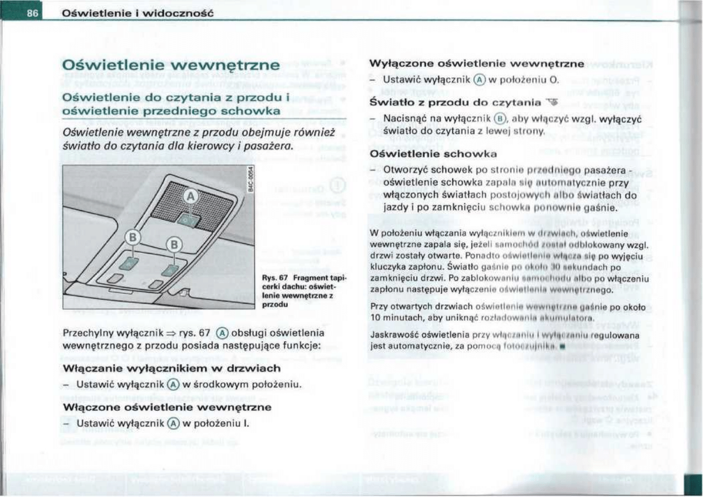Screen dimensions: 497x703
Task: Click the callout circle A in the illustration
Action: coord(191,196)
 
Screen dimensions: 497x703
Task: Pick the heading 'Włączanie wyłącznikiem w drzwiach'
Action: coord(173,368)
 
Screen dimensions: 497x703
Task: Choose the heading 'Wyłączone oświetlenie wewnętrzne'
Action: coord(478,63)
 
